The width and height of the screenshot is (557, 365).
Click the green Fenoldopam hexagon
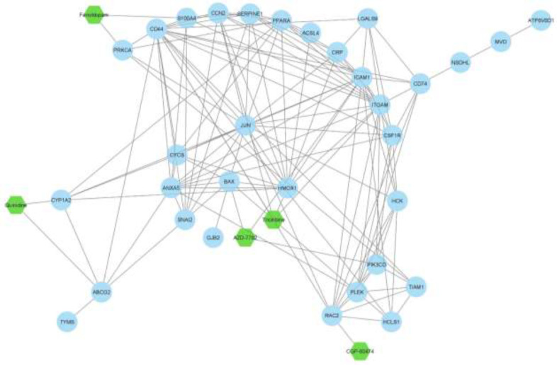tap(93, 16)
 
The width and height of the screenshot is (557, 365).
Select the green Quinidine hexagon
tap(15, 205)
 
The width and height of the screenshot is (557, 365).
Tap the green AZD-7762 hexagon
tap(244, 238)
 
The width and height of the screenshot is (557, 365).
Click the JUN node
tap(246, 126)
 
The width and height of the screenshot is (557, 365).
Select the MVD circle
tap(501, 42)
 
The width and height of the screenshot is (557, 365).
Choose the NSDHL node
tap(461, 63)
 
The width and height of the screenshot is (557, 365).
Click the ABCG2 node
tap(101, 291)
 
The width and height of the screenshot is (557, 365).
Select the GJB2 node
tap(211, 237)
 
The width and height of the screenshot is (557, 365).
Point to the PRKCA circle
tap(123, 50)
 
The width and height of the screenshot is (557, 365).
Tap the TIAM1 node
tap(417, 287)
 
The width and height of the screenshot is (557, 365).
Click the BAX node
tap(229, 182)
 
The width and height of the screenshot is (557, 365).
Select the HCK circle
tap(397, 202)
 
